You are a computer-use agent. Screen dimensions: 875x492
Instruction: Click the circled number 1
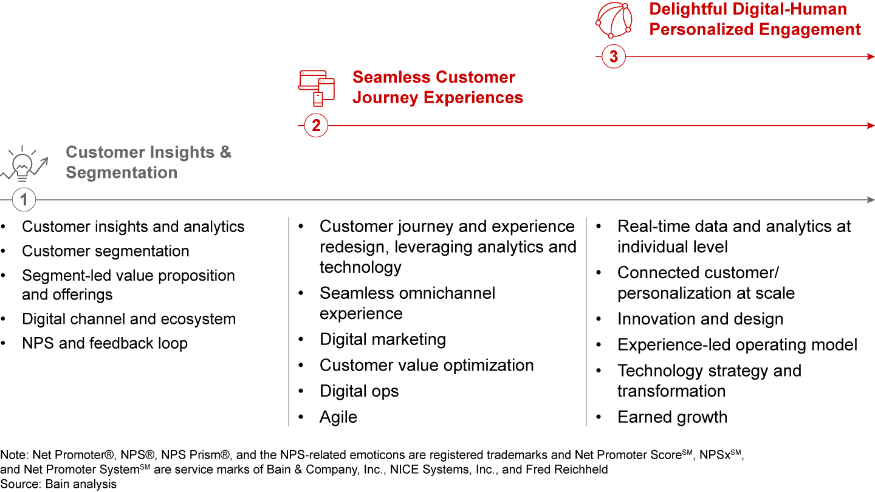tap(24, 199)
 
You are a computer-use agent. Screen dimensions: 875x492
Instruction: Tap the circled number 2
tap(315, 125)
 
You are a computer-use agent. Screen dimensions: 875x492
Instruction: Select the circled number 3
tap(613, 56)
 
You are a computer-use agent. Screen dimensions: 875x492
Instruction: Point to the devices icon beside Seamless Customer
tap(317, 88)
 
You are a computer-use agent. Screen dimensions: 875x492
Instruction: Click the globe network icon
tap(614, 20)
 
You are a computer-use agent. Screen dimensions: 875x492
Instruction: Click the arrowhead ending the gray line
tap(871, 200)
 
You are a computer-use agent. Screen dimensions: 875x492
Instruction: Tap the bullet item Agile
tap(338, 417)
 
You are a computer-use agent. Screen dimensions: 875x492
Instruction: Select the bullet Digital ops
tap(359, 391)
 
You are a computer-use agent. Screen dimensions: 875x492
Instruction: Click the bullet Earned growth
tap(672, 417)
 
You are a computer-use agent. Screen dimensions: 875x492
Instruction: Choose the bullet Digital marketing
tap(382, 340)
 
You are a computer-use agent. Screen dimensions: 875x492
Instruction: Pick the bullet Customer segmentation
tap(106, 251)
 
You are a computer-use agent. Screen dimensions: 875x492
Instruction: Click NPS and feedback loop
tap(105, 343)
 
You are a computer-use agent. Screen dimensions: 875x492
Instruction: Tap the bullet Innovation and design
tap(701, 319)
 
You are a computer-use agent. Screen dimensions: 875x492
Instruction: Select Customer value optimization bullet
tap(427, 366)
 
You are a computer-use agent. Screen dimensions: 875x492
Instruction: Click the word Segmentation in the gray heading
tap(122, 173)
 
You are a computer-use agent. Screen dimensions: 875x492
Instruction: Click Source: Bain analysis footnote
tap(58, 484)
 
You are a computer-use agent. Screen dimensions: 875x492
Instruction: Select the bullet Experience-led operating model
tap(738, 345)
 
